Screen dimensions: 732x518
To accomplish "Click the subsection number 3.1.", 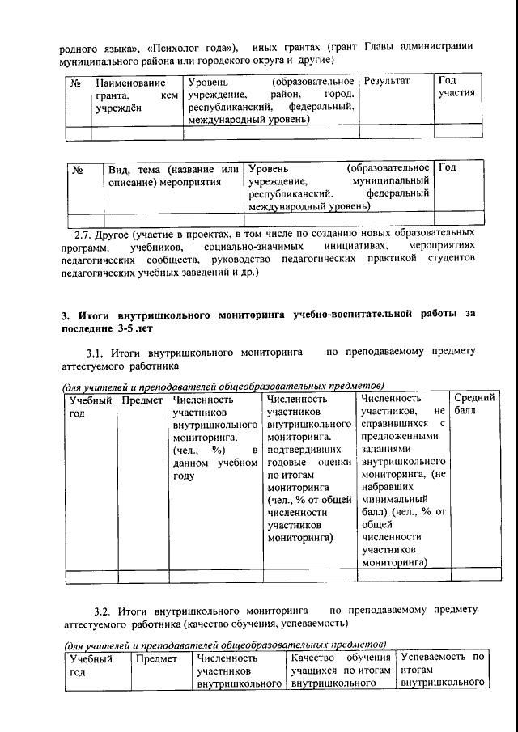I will point(96,353).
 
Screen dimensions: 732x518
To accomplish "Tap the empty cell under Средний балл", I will point(471,577).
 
